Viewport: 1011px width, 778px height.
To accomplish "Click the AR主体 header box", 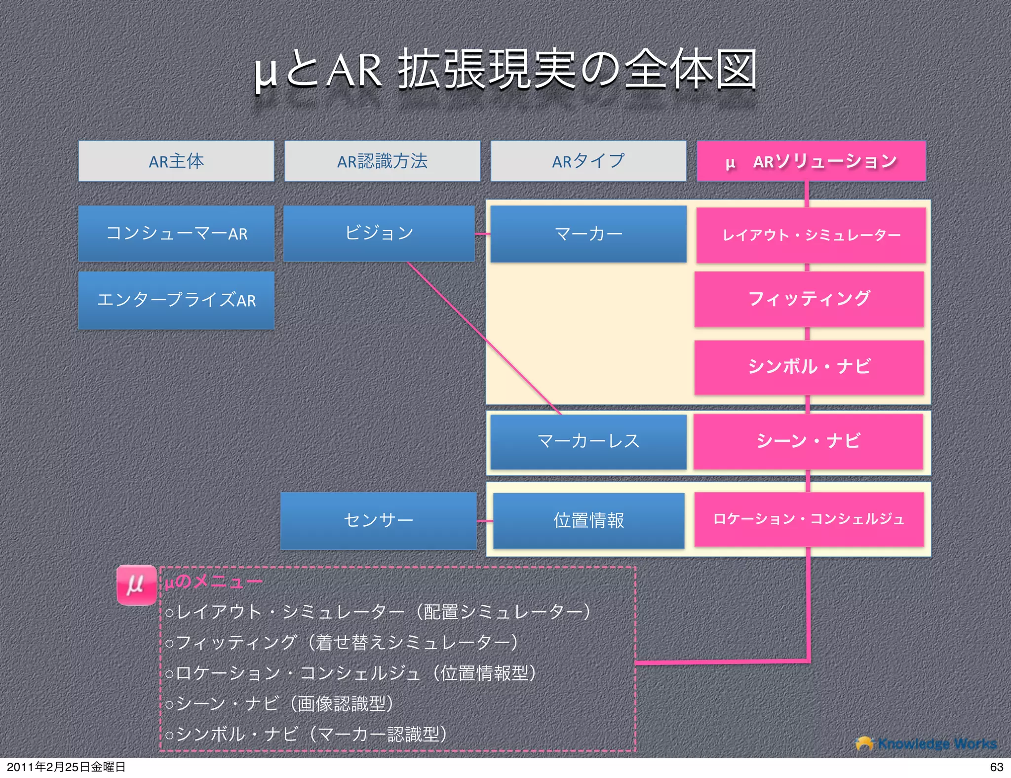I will pos(176,161).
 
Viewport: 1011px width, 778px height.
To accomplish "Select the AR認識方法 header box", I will pos(382,161).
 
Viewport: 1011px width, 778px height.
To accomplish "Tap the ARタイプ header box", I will pos(588,161).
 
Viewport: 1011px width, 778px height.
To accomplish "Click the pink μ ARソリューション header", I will pos(811,161).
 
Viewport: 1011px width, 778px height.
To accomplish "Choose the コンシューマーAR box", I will pos(176,233).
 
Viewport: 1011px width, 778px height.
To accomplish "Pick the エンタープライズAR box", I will pos(176,300).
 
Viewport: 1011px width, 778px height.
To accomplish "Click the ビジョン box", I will pos(379,233).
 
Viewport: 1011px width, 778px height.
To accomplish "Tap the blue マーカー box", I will pos(588,233).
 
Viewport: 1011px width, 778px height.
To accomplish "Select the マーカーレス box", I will pos(588,441).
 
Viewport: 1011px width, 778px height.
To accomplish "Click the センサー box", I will pos(378,520).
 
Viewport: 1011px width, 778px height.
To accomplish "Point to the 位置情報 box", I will pos(588,520).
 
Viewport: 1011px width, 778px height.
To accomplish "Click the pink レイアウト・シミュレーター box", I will pos(811,235).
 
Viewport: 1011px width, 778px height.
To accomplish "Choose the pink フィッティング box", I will pos(809,299).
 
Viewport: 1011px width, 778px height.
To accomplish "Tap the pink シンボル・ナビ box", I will pos(809,367).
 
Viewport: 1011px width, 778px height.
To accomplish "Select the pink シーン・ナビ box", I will pos(808,441).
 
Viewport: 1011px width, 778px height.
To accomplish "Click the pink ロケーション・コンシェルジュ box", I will pos(809,519).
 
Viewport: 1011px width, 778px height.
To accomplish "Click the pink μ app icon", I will pos(136,585).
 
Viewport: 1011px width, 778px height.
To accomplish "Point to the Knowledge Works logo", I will pos(926,743).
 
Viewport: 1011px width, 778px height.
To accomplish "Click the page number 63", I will pos(996,767).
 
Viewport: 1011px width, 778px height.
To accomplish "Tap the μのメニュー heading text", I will pos(213,582).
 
